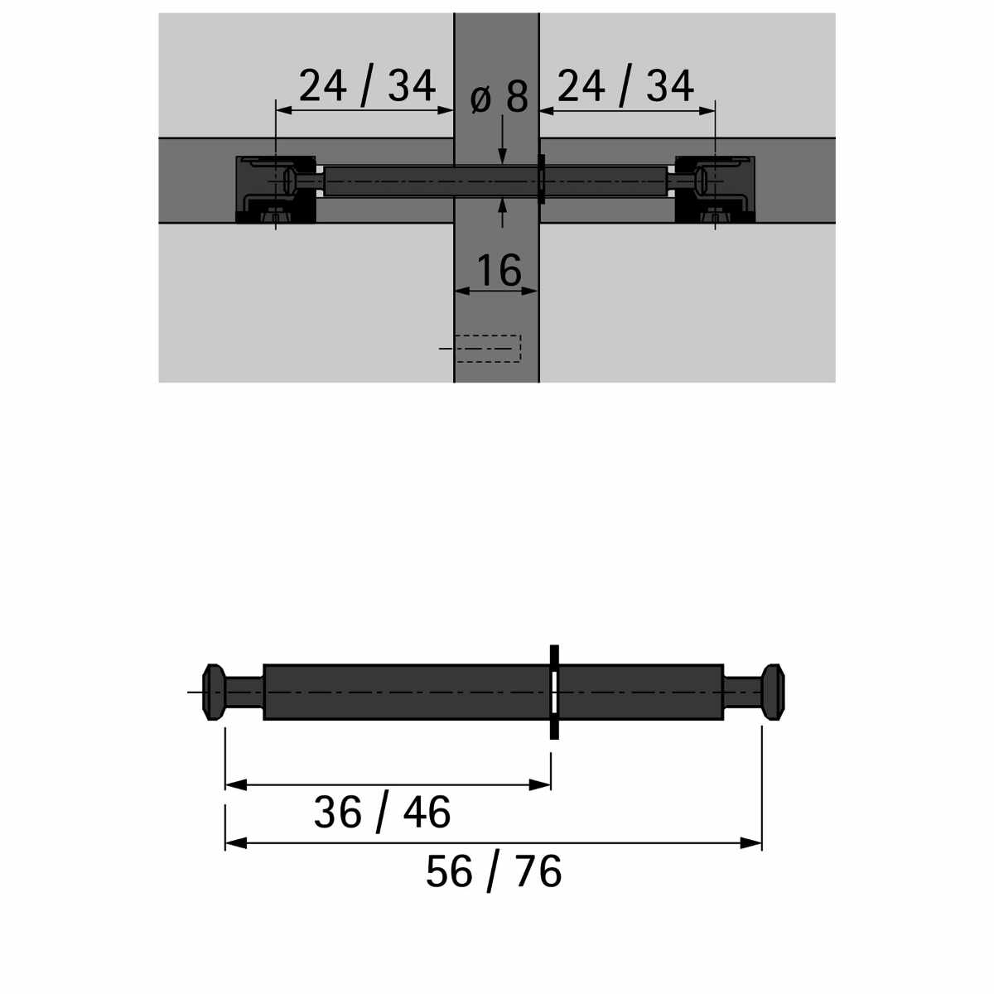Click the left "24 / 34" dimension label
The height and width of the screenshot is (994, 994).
pos(367,87)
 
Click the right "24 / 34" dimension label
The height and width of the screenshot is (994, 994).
pos(625,87)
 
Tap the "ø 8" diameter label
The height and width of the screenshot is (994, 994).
pos(499,97)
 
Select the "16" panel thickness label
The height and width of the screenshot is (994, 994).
pos(499,269)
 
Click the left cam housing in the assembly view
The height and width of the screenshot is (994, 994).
pos(276,190)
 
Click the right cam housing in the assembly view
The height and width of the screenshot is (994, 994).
pos(715,190)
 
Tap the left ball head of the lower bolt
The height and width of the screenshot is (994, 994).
pos(214,692)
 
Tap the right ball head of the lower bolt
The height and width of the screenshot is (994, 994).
pos(773,692)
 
